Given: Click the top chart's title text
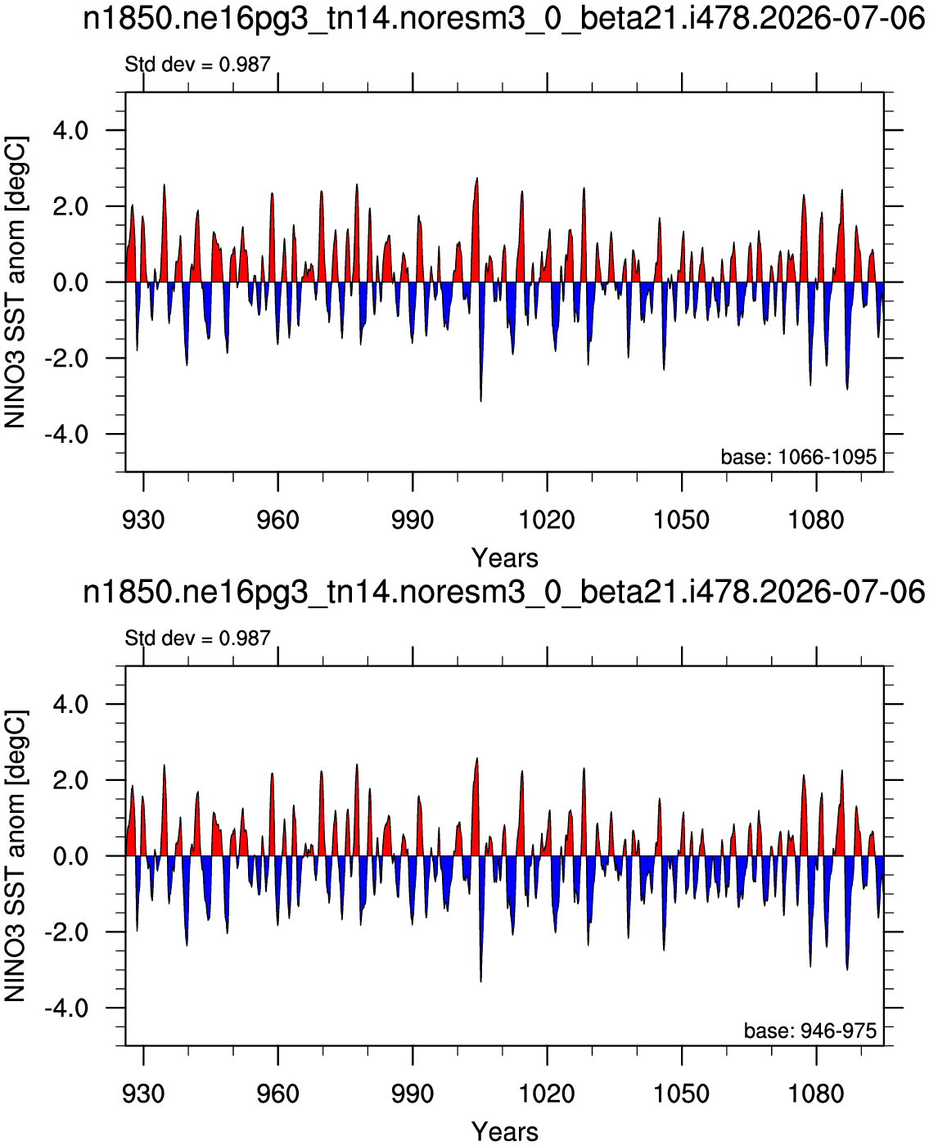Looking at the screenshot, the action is (503, 20).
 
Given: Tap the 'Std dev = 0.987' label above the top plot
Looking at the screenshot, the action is (197, 65).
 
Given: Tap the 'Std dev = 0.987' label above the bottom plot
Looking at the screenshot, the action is (197, 638).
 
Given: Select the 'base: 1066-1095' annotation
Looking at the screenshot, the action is (799, 457).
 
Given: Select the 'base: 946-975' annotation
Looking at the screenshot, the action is (810, 1031).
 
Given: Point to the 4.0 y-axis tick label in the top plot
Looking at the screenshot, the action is (70, 131).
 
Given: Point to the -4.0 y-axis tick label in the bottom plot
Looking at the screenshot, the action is (66, 1008).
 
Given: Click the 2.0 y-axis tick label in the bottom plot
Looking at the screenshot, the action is (70, 780).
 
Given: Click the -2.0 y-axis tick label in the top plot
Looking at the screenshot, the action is (66, 359).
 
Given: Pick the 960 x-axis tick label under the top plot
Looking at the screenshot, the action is (278, 521).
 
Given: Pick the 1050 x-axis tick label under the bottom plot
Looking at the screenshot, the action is (682, 1094).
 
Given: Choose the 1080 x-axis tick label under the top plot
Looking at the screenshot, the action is (816, 521).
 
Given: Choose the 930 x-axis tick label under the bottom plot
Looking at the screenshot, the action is (143, 1094).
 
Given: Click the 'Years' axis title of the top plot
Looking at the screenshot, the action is (504, 558).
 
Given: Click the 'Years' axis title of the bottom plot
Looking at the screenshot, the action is (504, 1131).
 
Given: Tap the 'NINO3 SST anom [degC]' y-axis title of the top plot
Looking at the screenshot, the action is (15, 282).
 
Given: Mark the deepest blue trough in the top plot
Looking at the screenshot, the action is (481, 400).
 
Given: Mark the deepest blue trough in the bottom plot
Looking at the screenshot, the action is (481, 981).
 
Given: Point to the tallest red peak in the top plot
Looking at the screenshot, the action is (477, 178).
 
